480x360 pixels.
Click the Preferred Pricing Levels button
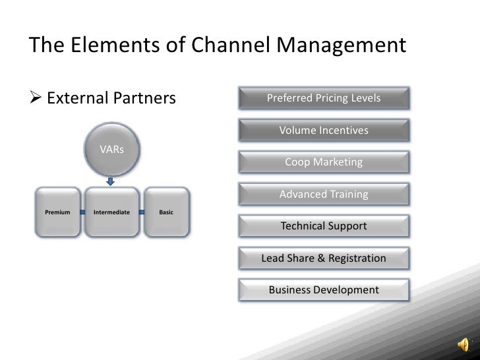(x=323, y=99)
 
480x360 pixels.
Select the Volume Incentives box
(x=323, y=131)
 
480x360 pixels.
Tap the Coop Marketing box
(x=323, y=162)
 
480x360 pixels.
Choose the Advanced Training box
(x=323, y=195)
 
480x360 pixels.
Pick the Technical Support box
(x=323, y=226)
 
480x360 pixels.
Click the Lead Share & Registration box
(x=323, y=258)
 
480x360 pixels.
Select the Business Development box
(x=323, y=290)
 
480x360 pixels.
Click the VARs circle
(x=111, y=150)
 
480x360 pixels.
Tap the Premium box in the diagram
(x=57, y=212)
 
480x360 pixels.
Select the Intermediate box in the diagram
(x=111, y=212)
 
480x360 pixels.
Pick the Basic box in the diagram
(x=166, y=212)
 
